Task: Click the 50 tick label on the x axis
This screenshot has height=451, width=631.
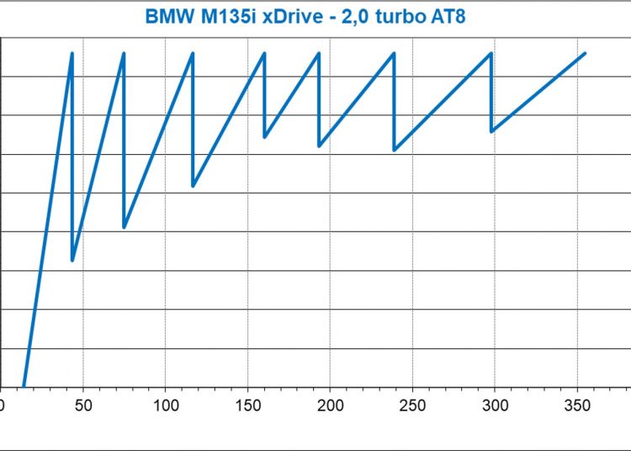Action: point(82,405)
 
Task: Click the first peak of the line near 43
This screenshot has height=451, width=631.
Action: point(72,53)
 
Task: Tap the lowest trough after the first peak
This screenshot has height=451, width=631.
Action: point(72,260)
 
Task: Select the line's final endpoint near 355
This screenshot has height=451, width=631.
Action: point(585,53)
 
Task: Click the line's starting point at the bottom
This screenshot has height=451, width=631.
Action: point(24,386)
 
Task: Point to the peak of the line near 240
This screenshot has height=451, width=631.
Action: point(394,53)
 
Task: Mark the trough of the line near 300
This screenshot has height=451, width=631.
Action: point(491,131)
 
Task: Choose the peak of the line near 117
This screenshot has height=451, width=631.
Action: point(193,53)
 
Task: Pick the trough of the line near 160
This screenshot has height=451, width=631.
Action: point(265,137)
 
